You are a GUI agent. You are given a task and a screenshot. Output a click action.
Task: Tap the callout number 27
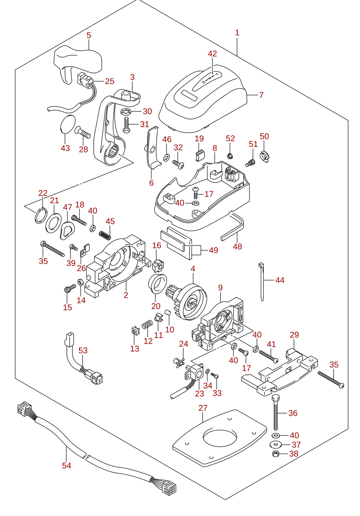pos(203,408)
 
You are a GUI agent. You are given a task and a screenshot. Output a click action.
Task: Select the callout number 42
pos(212,54)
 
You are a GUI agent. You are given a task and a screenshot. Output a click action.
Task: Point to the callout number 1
pos(237,33)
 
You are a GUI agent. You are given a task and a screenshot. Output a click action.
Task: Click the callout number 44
pos(280,280)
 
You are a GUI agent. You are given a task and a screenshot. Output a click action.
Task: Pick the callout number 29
pos(294,335)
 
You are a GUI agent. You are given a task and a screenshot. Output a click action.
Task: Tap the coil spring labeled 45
pos(105,235)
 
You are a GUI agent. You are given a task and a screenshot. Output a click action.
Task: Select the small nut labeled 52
pos(229,156)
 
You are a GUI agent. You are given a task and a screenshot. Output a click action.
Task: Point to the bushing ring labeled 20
pos(157,284)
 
